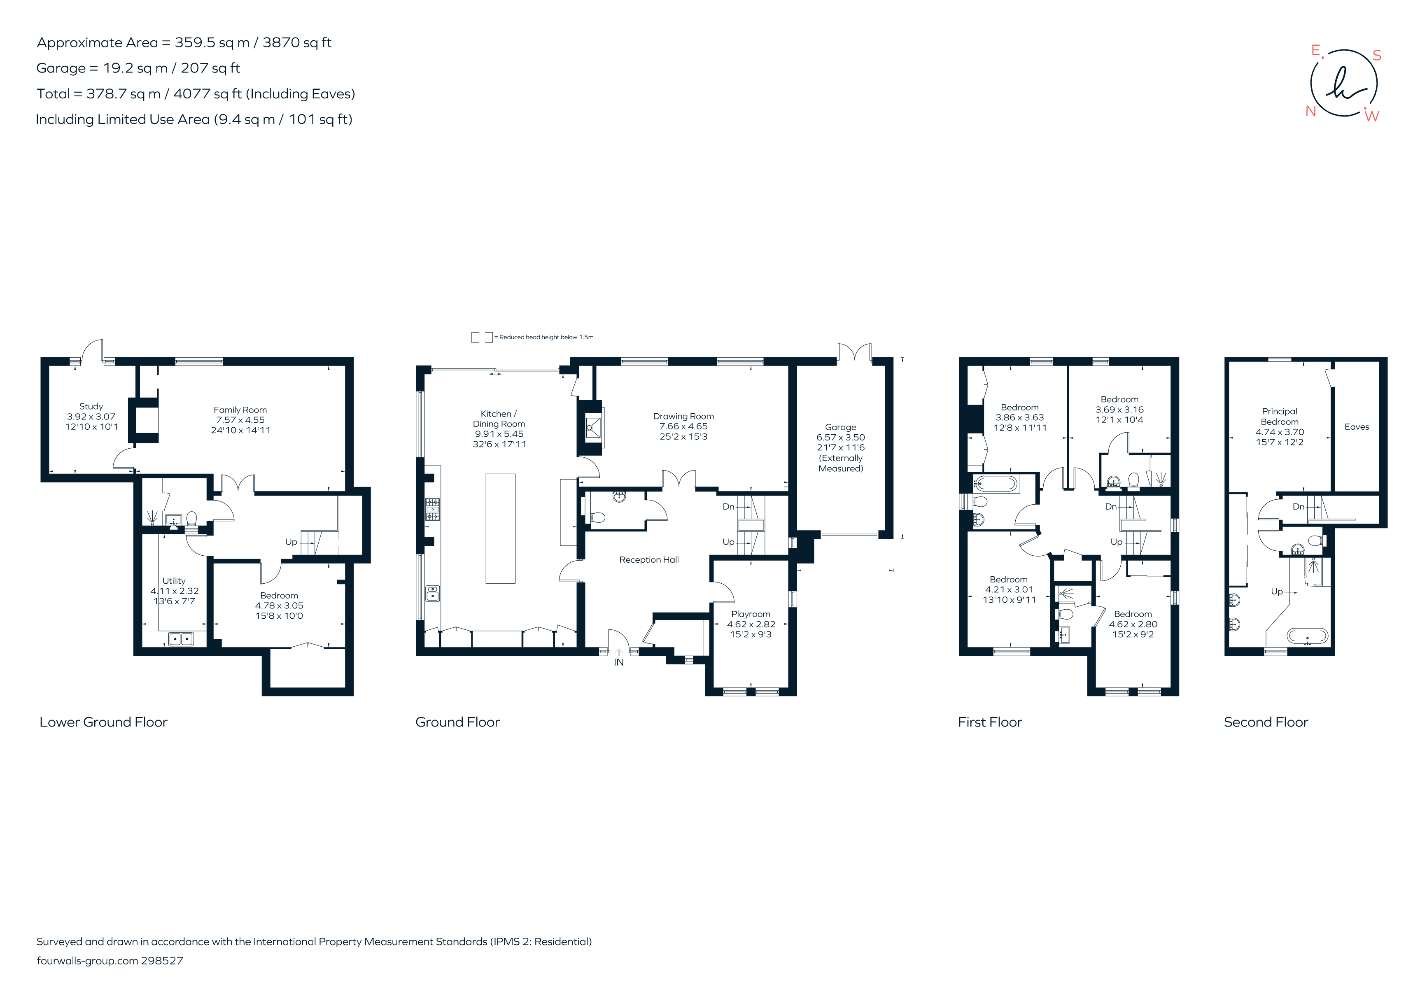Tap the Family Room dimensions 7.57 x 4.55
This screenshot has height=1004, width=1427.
(x=240, y=420)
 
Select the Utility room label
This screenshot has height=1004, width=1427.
(x=174, y=581)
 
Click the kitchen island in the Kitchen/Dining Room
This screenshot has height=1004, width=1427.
(x=500, y=528)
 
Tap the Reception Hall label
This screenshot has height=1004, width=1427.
(x=649, y=560)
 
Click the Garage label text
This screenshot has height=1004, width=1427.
(x=840, y=427)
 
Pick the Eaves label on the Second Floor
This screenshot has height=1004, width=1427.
(x=1356, y=427)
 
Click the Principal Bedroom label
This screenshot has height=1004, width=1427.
(x=1279, y=416)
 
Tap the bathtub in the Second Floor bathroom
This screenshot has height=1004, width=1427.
(x=1307, y=636)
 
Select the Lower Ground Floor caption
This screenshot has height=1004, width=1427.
(x=103, y=722)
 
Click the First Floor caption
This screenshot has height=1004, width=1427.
(x=989, y=722)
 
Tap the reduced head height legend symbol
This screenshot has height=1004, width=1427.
(x=482, y=338)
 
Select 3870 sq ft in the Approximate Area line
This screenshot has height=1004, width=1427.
(x=297, y=42)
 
